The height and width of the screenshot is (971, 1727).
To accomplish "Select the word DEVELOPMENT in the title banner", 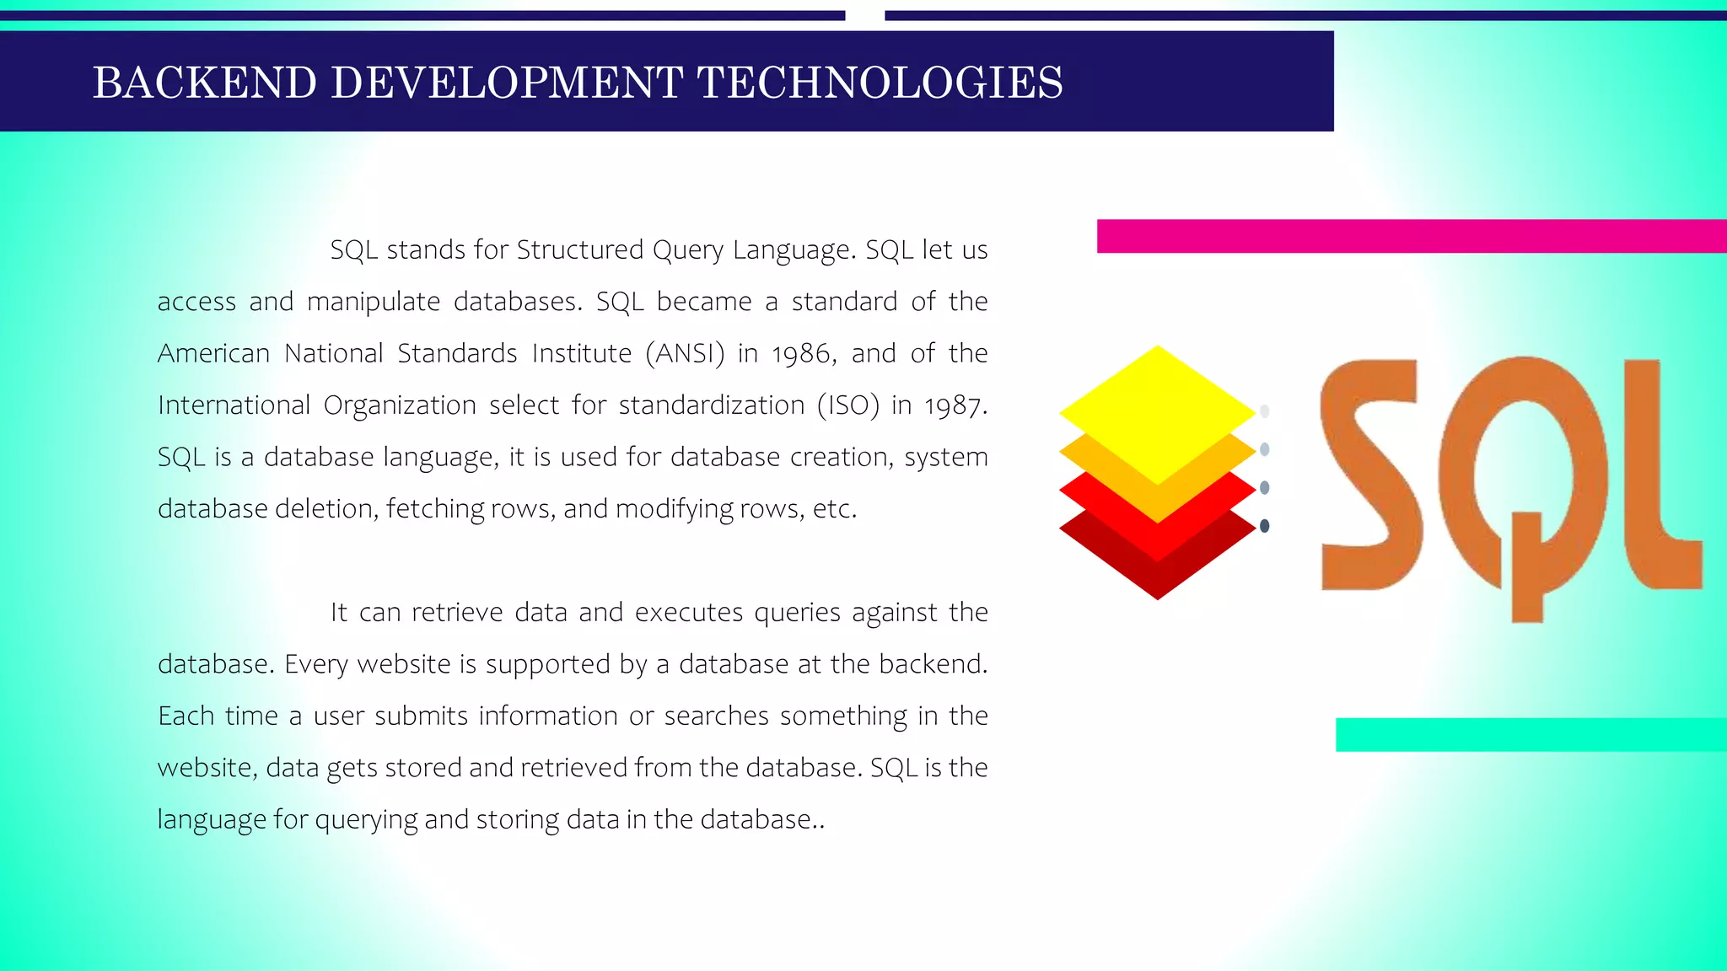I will [x=507, y=83].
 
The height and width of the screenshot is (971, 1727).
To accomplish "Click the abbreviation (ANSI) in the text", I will [x=685, y=353].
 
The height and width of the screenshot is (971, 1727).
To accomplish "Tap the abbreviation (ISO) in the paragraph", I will [x=848, y=405].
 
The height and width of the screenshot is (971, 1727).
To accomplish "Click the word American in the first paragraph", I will [x=213, y=353].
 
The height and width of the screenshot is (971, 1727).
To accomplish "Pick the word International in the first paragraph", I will [x=234, y=405].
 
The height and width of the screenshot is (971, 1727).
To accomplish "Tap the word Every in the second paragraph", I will [x=315, y=664].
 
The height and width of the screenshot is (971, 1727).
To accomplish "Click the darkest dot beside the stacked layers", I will [x=1264, y=526].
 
